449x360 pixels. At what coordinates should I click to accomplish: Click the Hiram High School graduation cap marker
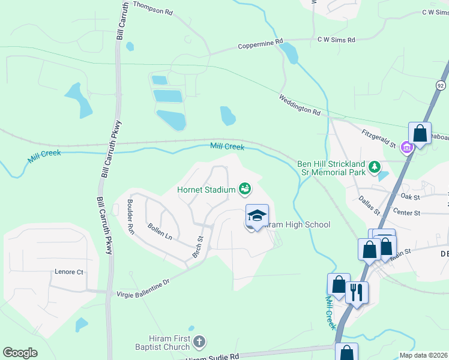[x=257, y=215]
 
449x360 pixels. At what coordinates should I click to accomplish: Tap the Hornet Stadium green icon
[x=245, y=190]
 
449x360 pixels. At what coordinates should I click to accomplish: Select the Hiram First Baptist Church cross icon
[x=199, y=343]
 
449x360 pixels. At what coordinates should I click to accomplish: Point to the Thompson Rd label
[x=152, y=8]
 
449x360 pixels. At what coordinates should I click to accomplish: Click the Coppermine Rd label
[x=260, y=44]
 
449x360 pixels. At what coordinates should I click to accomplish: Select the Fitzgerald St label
[x=378, y=139]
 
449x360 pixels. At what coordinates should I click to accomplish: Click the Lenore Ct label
[x=69, y=272]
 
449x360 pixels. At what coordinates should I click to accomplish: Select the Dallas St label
[x=369, y=204]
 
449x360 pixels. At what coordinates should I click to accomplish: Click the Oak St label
[x=410, y=196]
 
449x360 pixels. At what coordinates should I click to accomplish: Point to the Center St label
[x=407, y=212]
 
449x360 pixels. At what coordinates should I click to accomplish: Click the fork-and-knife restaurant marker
[x=357, y=292]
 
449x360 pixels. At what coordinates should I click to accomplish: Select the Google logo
[x=20, y=353]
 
